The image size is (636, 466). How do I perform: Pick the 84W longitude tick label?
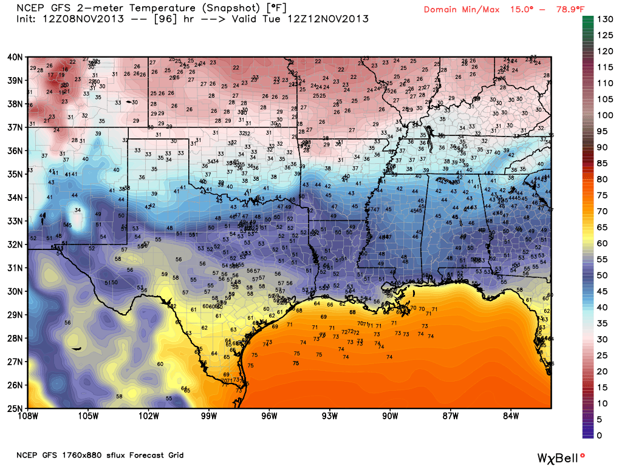(511, 416)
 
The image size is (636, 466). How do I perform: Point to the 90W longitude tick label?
(390, 416)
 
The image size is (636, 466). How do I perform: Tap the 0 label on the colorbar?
(600, 435)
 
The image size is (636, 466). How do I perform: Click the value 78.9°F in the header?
(553, 9)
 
